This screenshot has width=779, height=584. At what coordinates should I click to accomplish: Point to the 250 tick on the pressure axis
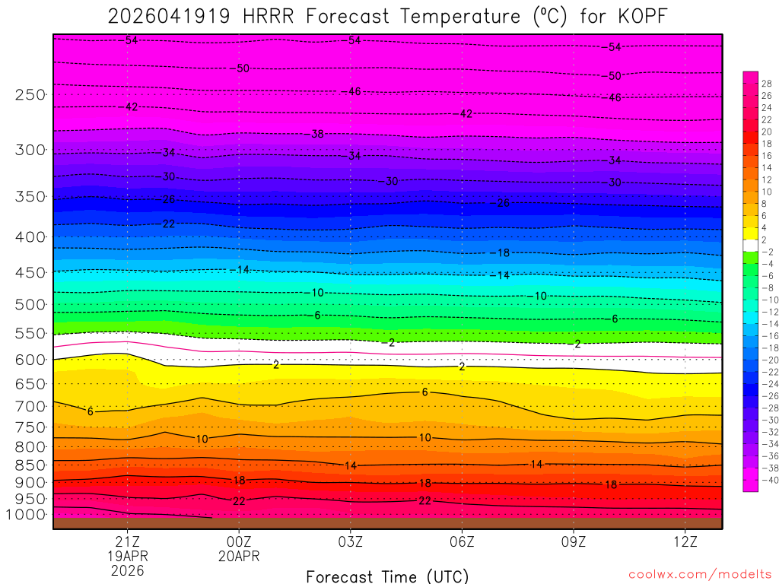(30, 94)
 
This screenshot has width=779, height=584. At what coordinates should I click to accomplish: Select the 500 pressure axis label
(30, 304)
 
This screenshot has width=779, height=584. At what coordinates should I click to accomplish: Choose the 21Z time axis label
(127, 541)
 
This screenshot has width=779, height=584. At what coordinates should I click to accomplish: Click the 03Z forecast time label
(350, 541)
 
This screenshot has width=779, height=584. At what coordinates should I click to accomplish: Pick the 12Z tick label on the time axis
(685, 541)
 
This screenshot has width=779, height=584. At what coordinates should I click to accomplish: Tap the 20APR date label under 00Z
(239, 556)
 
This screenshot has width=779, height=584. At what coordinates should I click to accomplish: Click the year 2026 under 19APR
(127, 570)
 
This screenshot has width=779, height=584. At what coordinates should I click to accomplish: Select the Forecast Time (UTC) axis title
(387, 576)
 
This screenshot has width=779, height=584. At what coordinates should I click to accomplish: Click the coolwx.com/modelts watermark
(699, 573)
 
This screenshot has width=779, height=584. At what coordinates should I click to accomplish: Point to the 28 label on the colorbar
(766, 84)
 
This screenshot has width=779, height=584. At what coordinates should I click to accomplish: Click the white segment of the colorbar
(750, 246)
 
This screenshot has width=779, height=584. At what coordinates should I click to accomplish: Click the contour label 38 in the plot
(317, 134)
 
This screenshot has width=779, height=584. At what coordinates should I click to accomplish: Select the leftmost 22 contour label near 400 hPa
(169, 224)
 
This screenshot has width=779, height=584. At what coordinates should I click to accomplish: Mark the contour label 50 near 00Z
(243, 68)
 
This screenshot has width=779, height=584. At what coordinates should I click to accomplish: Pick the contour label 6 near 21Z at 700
(90, 411)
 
